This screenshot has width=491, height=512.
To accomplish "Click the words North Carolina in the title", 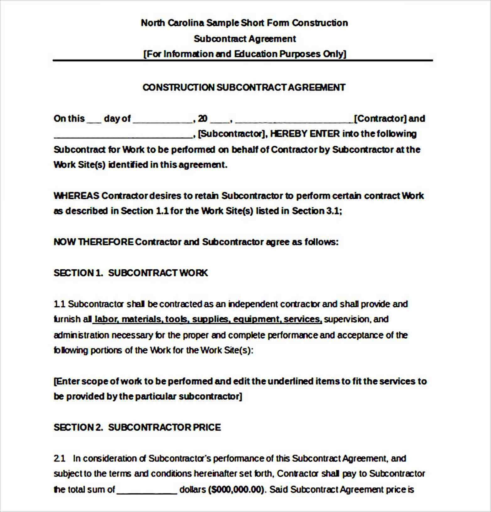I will tap(172, 23).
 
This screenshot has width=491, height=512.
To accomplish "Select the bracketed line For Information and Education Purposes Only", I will tap(245, 54).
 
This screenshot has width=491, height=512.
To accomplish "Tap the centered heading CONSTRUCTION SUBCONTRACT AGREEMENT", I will tap(244, 87).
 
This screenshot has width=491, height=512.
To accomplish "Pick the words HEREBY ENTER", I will tap(305, 134).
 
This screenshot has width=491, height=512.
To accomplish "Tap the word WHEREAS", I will tap(77, 196).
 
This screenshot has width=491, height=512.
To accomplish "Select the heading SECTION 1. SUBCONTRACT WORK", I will tap(131, 273).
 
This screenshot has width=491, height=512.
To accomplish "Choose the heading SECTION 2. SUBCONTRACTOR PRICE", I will tap(137, 427).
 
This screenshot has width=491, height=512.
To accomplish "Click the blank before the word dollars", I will tap(147, 491).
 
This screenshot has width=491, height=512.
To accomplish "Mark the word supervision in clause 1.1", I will tap(347, 319).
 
